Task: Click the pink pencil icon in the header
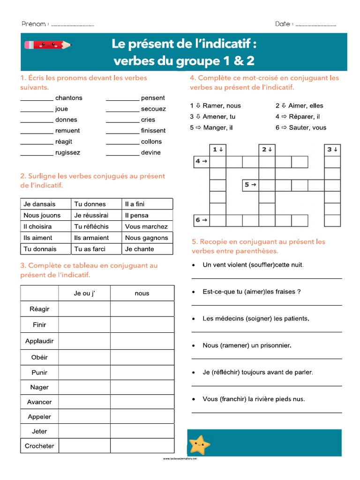pyautogui.click(x=47, y=45)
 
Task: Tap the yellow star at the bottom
pyautogui.click(x=199, y=444)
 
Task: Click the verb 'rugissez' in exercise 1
pyautogui.click(x=67, y=152)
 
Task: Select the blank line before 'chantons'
pyautogui.click(x=37, y=98)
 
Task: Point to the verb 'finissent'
pyautogui.click(x=153, y=131)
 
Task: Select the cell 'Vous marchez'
pyautogui.click(x=146, y=226)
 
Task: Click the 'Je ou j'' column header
pyautogui.click(x=84, y=293)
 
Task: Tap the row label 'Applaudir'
pyautogui.click(x=39, y=341)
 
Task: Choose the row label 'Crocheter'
pyautogui.click(x=39, y=446)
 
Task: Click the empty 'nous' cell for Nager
pyautogui.click(x=142, y=387)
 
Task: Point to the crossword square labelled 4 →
pyautogui.click(x=201, y=162)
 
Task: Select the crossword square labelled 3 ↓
pyautogui.click(x=332, y=150)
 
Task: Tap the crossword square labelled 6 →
pyautogui.click(x=201, y=220)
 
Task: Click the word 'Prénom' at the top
pyautogui.click(x=33, y=24)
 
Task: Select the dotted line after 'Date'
pyautogui.click(x=316, y=25)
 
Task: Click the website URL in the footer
pyautogui.click(x=180, y=459)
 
